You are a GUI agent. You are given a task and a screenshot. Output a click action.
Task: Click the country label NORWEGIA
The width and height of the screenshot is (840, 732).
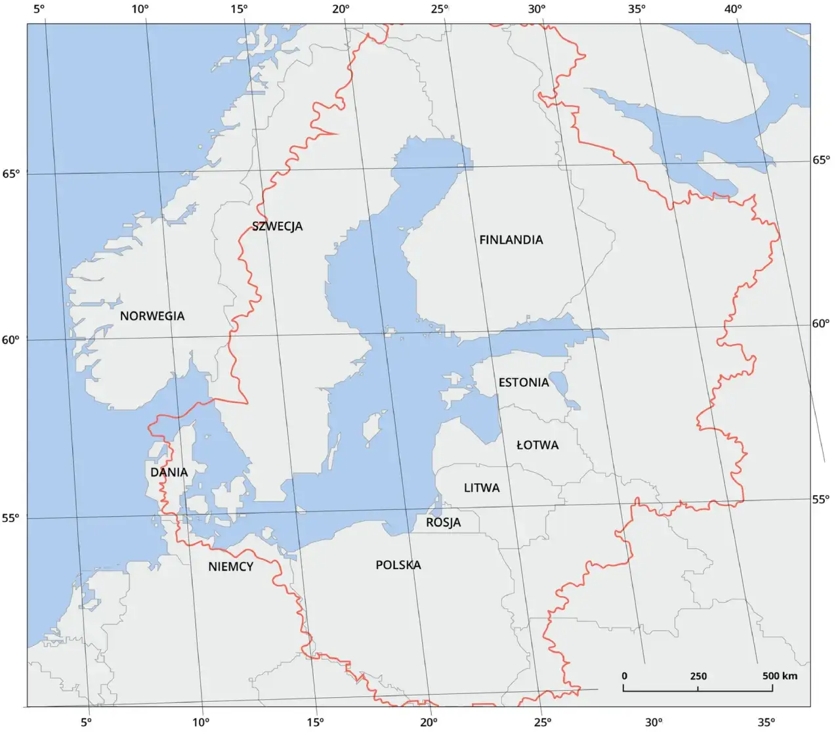152,316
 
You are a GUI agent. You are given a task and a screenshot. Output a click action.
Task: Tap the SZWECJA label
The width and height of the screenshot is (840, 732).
278,226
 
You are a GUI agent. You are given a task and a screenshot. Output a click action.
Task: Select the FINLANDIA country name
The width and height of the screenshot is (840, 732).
511,240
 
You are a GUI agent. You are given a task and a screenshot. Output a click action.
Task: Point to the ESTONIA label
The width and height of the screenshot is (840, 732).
524,382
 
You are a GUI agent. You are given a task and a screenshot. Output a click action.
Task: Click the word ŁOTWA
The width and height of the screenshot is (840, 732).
537,444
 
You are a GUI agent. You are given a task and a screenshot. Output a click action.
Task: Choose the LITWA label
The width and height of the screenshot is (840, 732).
482,488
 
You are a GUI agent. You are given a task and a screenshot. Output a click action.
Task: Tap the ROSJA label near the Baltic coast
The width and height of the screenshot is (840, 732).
444,523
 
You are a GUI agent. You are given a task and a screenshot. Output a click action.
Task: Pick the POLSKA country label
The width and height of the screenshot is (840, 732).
398,565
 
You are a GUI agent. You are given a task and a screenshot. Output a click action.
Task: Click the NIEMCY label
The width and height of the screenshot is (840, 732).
231,566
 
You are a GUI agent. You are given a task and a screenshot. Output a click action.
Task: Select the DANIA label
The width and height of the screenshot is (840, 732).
169,472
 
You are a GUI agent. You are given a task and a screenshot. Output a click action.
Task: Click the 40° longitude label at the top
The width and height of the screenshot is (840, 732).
733,9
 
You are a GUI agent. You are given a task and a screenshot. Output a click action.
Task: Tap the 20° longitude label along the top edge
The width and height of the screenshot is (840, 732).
341,9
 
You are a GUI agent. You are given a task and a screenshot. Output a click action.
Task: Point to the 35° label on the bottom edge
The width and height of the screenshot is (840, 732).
766,722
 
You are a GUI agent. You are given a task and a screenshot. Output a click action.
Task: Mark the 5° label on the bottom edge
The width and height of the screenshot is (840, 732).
86,722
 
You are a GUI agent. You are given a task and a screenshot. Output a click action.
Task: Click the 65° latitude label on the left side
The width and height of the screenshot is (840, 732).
11,173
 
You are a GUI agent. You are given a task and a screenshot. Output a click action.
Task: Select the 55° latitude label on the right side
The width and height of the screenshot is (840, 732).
821,499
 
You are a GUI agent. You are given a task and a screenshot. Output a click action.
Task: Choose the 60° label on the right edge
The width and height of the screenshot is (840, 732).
821,324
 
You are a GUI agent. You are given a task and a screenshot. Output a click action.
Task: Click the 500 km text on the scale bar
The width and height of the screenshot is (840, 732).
780,676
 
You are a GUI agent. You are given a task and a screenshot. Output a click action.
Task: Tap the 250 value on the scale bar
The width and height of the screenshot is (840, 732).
698,676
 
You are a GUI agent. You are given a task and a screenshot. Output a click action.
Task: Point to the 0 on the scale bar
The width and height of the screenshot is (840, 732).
624,676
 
